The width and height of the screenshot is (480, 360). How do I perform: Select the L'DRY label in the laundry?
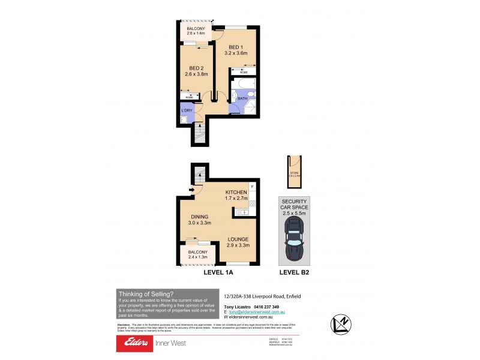tap(187, 111)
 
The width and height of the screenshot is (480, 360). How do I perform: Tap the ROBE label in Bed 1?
tap(244, 72)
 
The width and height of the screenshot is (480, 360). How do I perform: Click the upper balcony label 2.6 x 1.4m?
tap(196, 34)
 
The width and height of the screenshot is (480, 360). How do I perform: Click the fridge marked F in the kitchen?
tap(253, 186)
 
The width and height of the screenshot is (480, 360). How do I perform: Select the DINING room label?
tap(200, 217)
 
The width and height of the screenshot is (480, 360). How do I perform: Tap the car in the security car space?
tap(294, 240)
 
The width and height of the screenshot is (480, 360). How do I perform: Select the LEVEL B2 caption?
tap(294, 272)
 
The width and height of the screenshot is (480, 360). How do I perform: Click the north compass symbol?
tap(340, 325)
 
